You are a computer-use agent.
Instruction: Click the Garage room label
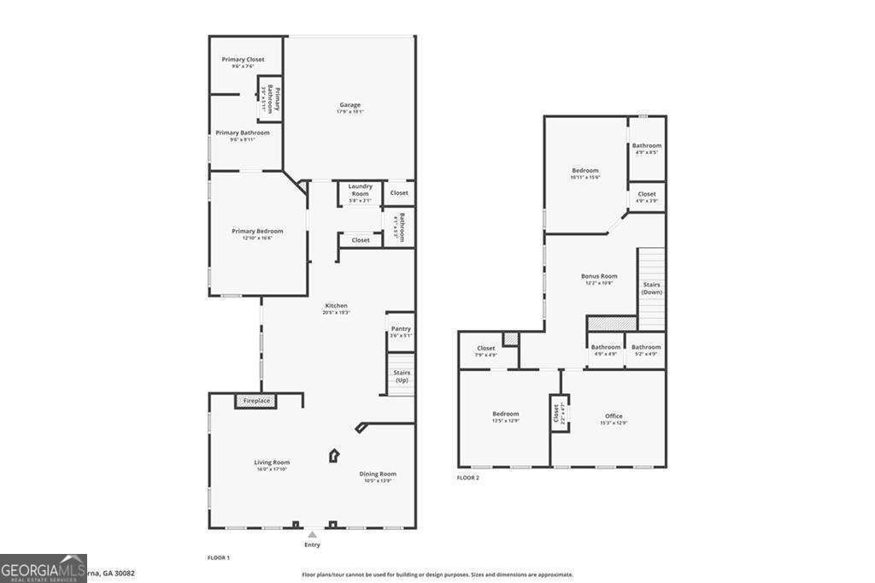349,105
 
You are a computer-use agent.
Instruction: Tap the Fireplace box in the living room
256,401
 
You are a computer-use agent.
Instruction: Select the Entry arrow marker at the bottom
312,535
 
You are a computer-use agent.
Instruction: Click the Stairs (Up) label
401,375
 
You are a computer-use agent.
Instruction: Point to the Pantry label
401,328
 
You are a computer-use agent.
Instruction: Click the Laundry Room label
360,190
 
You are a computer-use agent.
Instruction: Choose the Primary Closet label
243,60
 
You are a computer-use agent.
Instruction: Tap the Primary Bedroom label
257,231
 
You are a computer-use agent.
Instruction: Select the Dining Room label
377,474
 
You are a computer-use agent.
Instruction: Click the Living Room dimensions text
272,469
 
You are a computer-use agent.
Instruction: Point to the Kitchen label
335,305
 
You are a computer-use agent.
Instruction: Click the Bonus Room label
599,276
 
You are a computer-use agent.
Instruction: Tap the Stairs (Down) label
651,288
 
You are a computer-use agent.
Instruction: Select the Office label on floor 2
614,416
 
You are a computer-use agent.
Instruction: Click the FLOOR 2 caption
467,478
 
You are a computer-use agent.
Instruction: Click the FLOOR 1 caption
218,557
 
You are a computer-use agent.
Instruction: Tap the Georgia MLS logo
43,568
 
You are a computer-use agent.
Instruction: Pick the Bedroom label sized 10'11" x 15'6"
585,170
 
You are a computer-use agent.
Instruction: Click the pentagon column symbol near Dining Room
334,456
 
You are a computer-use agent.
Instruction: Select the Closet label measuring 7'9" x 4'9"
486,348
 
